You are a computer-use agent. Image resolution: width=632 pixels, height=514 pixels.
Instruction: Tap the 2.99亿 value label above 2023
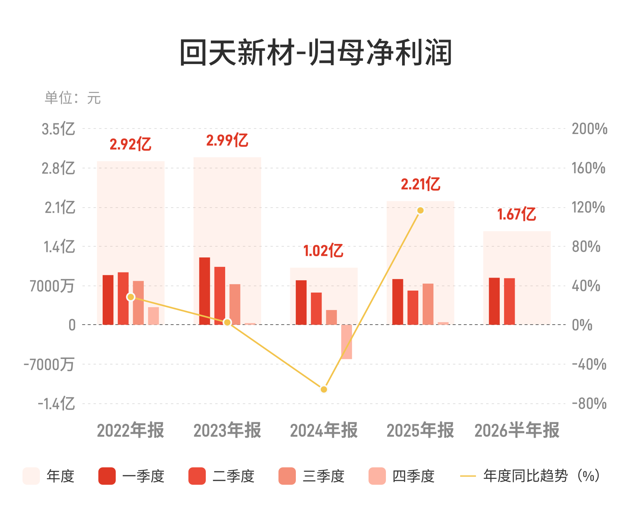pos(227,140)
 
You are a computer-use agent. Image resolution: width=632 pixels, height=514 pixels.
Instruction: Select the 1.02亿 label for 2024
pos(324,251)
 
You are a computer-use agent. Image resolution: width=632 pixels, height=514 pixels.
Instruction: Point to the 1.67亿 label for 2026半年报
pos(517,214)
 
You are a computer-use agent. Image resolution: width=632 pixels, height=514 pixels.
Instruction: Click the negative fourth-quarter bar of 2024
pos(346,342)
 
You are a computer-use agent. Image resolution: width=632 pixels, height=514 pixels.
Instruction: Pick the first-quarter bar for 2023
pos(205,291)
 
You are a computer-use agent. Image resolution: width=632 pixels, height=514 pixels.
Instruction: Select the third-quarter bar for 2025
pos(428,304)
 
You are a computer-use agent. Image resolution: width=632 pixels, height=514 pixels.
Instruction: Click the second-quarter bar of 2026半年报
pos(509,301)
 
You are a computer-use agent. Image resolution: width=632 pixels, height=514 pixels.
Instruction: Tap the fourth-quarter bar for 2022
pos(153,316)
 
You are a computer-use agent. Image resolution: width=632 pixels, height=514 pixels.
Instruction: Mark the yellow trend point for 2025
pos(420,210)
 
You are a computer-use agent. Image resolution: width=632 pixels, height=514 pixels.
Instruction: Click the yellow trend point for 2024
pos(324,389)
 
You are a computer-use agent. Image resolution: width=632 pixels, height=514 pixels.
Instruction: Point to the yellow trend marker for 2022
pos(131,297)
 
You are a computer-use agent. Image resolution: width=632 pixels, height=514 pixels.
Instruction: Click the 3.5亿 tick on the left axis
pos(58,129)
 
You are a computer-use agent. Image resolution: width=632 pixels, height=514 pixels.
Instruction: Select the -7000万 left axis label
pos(49,364)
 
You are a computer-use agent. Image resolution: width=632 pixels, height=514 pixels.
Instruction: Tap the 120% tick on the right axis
pos(588,207)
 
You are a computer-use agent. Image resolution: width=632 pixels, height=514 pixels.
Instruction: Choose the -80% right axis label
pos(589,404)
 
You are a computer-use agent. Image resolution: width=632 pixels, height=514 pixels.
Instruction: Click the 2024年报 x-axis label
pos(324,430)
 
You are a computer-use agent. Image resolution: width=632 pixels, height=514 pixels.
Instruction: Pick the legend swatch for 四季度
pos(377,476)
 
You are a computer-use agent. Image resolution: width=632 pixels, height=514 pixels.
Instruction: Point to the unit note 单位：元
pos(73,98)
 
